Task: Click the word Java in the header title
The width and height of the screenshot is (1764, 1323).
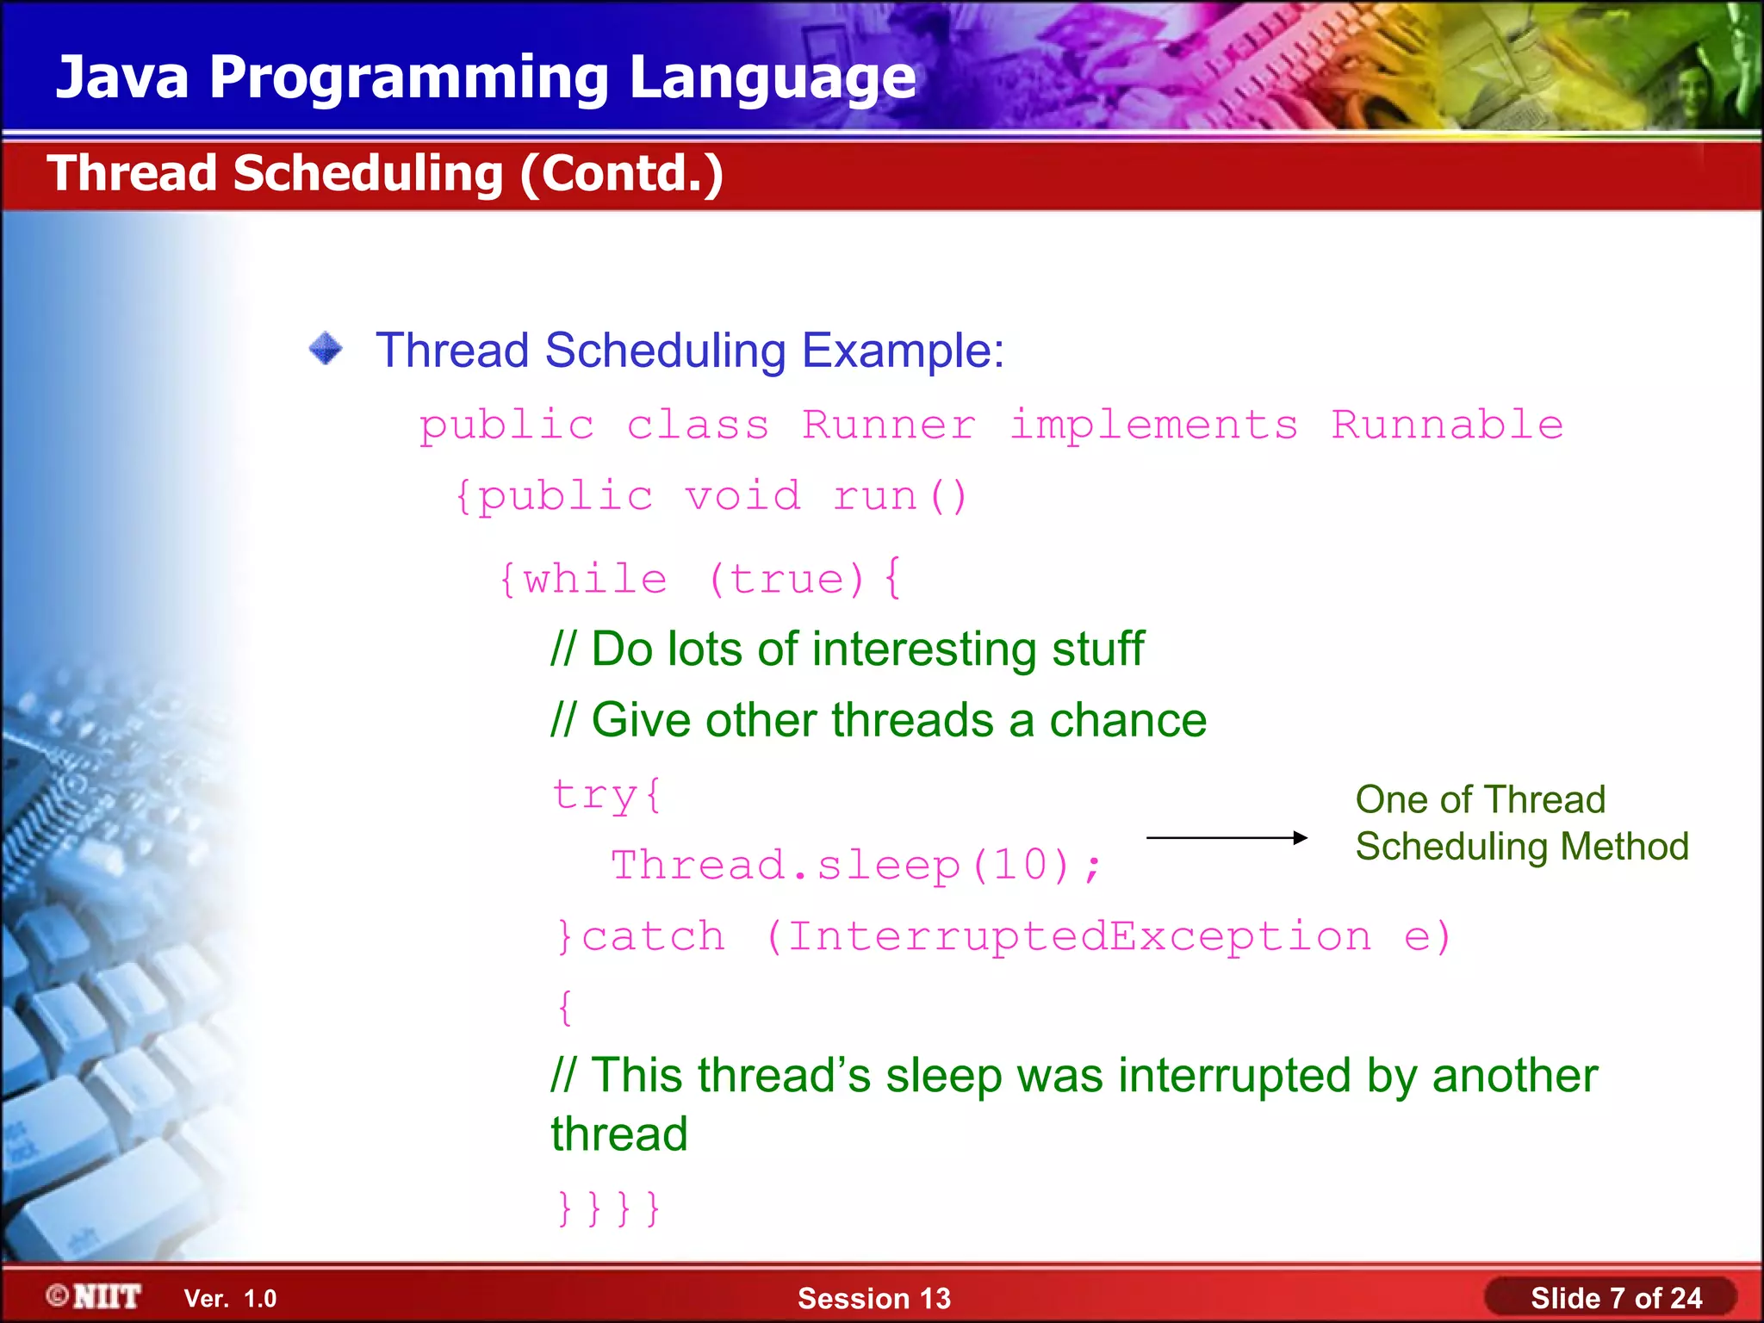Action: tap(121, 78)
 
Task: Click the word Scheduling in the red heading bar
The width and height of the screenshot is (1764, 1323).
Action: tap(368, 173)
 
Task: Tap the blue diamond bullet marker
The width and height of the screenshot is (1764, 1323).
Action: tap(326, 349)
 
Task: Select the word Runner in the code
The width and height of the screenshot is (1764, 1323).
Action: tap(889, 425)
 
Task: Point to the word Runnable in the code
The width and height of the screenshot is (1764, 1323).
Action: tap(1447, 425)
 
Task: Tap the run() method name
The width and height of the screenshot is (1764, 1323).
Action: tap(900, 497)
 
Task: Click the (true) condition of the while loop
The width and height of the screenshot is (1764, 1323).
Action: tap(786, 579)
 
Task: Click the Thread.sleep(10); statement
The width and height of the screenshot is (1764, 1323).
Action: tap(856, 865)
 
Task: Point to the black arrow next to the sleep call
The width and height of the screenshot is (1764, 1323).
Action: tap(1227, 837)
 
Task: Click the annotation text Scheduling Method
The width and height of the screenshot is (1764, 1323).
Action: tap(1521, 846)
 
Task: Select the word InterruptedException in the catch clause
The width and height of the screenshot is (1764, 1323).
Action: tap(1079, 936)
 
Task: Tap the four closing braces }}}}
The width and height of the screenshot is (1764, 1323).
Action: tap(608, 1208)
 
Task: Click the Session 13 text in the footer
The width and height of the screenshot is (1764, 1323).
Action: tap(873, 1298)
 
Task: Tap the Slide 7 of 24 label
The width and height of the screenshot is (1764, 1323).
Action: tap(1615, 1298)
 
